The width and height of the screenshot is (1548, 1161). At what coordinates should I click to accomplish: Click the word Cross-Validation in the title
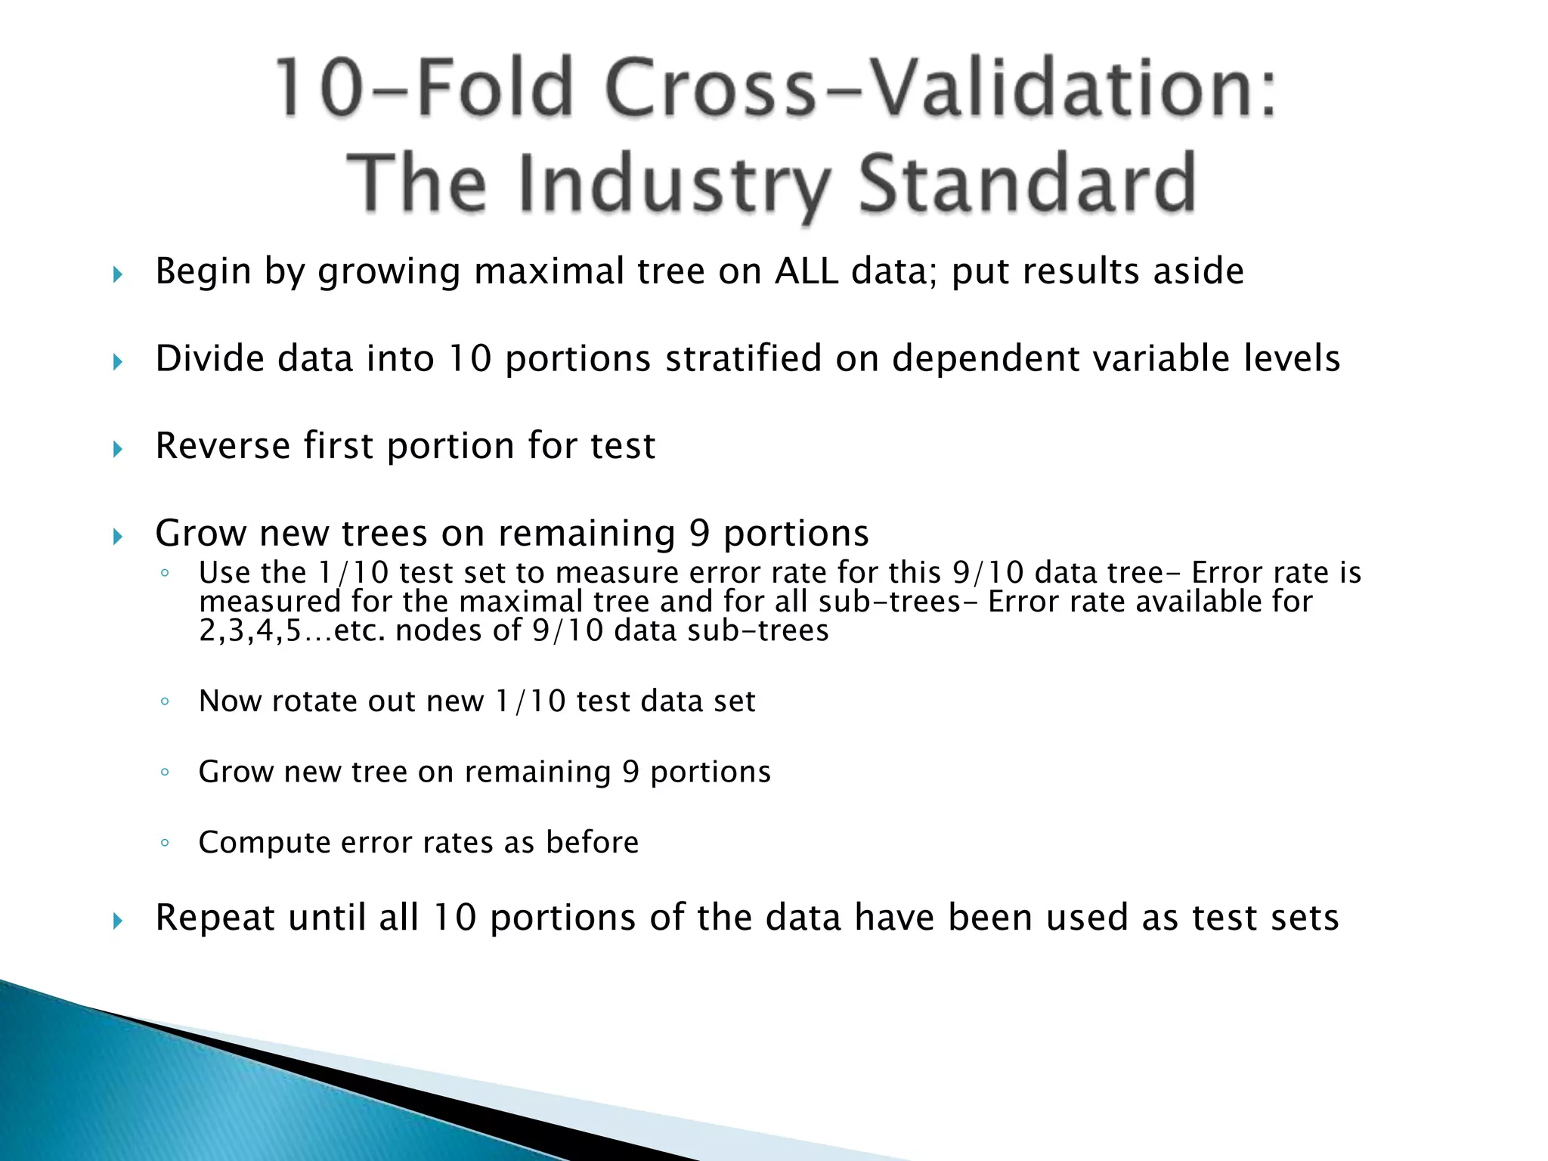pyautogui.click(x=941, y=88)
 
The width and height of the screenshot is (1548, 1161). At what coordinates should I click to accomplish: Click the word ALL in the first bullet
pyautogui.click(x=807, y=271)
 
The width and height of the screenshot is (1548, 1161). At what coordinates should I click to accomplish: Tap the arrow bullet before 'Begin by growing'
pyautogui.click(x=117, y=274)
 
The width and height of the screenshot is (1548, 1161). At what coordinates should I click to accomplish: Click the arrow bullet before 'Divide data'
pyautogui.click(x=117, y=362)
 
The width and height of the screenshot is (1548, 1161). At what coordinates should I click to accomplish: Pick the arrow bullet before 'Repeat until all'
pyautogui.click(x=117, y=921)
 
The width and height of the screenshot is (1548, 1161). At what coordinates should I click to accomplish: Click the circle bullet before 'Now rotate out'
pyautogui.click(x=165, y=702)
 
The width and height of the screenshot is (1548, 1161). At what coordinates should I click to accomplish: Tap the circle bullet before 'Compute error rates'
pyautogui.click(x=165, y=843)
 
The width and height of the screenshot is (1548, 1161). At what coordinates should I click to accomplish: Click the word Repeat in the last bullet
pyautogui.click(x=215, y=918)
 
